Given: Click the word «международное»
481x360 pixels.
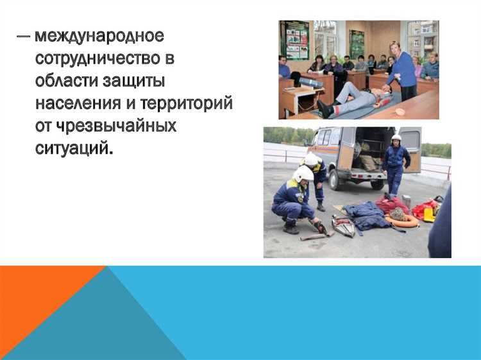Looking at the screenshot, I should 99,35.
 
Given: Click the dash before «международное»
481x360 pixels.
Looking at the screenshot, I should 23,35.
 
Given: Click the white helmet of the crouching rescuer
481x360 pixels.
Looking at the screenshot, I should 303,173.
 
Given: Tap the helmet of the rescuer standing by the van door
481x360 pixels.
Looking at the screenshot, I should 396,138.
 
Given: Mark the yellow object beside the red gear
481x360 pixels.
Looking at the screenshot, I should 429,215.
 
